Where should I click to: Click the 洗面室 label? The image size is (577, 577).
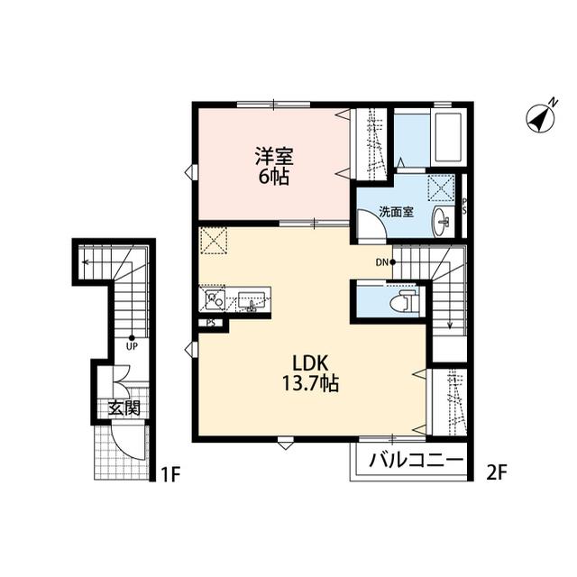396,213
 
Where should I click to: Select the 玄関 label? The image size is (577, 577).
124,408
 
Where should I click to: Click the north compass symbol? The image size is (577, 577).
539,119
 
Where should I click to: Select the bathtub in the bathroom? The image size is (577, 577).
448,139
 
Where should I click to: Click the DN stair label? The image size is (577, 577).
381,262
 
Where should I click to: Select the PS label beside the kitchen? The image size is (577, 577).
210,322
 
